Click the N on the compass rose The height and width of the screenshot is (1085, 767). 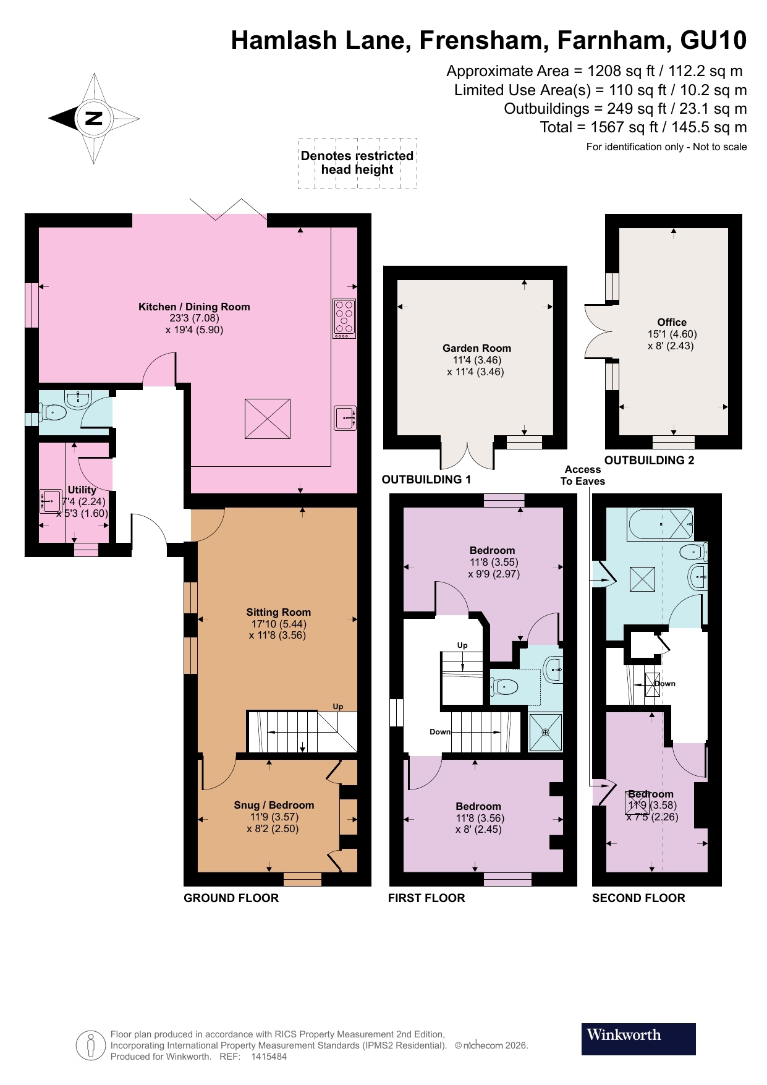point(93,118)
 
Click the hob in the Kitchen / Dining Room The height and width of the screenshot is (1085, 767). point(344,318)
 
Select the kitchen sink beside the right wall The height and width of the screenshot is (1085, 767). point(344,418)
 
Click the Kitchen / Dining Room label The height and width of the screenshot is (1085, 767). point(194,307)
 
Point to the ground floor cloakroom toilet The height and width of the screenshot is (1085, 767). point(53,412)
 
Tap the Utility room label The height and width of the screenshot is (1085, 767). point(82,490)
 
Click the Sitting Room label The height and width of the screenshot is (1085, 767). point(278,612)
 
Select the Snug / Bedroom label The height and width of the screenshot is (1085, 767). point(274,805)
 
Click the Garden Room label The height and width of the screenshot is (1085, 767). point(477,348)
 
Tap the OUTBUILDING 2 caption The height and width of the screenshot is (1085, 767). point(649,460)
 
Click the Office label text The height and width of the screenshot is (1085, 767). point(672,322)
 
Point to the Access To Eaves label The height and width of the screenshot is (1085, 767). point(582,475)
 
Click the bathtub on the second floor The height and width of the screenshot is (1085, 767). point(661,525)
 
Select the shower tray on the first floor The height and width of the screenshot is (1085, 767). point(545,733)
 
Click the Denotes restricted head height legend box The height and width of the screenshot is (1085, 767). point(357,163)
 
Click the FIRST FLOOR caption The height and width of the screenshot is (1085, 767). point(426,898)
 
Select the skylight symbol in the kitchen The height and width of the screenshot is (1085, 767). point(268,419)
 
